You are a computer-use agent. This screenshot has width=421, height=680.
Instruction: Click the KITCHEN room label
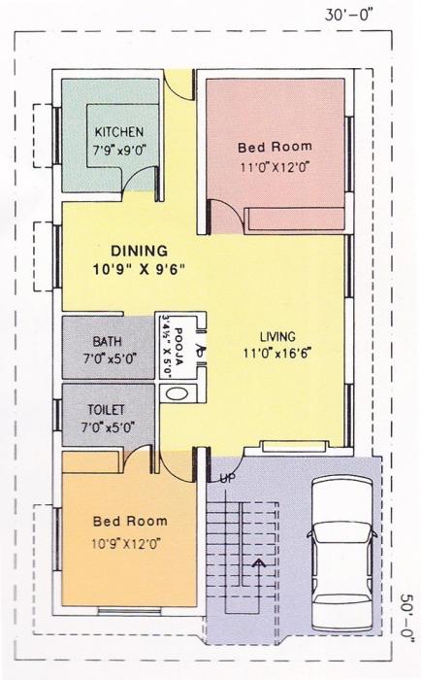tap(119, 132)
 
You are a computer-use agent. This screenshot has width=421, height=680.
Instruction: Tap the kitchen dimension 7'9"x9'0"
tap(119, 151)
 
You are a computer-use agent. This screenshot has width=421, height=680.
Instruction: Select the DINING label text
tap(138, 250)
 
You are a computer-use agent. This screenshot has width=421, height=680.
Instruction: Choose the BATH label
tap(108, 342)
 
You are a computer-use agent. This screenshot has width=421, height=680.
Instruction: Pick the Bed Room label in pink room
tap(275, 147)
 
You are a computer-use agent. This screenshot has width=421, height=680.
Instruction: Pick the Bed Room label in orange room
tap(130, 521)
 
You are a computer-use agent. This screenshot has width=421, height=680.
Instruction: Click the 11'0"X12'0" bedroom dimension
tap(275, 167)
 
